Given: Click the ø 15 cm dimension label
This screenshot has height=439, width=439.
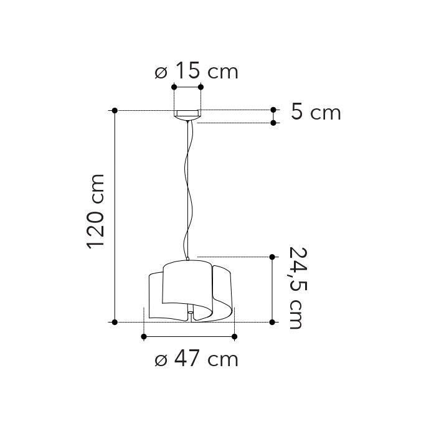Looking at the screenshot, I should (196, 72).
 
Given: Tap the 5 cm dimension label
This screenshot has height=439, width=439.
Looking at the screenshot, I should (316, 113).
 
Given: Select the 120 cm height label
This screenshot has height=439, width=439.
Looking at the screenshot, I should (97, 212).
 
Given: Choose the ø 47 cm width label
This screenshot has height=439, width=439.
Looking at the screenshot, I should (196, 359).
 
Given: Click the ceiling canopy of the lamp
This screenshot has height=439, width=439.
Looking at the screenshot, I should (187, 115).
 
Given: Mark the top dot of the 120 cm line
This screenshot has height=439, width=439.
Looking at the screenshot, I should (115, 110).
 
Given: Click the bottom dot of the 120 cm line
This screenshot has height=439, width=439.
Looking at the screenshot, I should (115, 322).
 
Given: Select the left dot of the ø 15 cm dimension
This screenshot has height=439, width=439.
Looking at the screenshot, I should (174, 87).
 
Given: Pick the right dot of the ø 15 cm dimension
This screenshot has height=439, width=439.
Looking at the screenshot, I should (201, 87).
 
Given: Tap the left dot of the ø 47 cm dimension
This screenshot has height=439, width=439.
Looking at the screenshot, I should (144, 337).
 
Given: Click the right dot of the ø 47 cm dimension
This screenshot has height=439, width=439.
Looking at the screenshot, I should (234, 337).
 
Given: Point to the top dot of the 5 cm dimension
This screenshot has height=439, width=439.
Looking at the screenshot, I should (273, 110).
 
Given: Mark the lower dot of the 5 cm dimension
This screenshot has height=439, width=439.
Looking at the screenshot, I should (273, 123).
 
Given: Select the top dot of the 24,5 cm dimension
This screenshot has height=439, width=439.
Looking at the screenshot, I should (273, 257).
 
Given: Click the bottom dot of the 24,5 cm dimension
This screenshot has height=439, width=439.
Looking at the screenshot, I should (273, 322).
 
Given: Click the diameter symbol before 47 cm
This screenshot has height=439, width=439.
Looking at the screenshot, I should (161, 360).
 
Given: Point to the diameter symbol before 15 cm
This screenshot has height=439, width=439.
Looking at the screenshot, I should (161, 72).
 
